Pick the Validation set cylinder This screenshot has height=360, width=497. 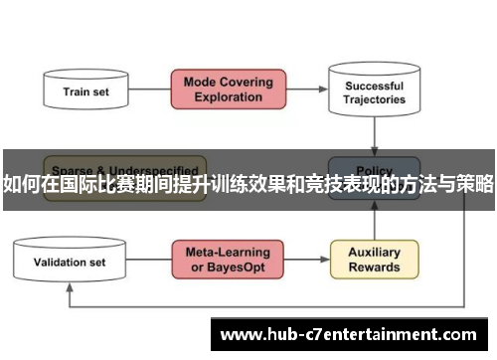70,263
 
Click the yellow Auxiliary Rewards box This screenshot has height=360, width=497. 374,260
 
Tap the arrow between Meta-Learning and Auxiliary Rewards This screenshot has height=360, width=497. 300,261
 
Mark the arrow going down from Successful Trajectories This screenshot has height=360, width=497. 375,133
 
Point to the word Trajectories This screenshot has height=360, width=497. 375,100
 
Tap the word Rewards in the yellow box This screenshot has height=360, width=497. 374,268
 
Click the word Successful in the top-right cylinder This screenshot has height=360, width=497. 375,86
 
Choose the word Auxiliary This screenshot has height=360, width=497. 374,253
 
